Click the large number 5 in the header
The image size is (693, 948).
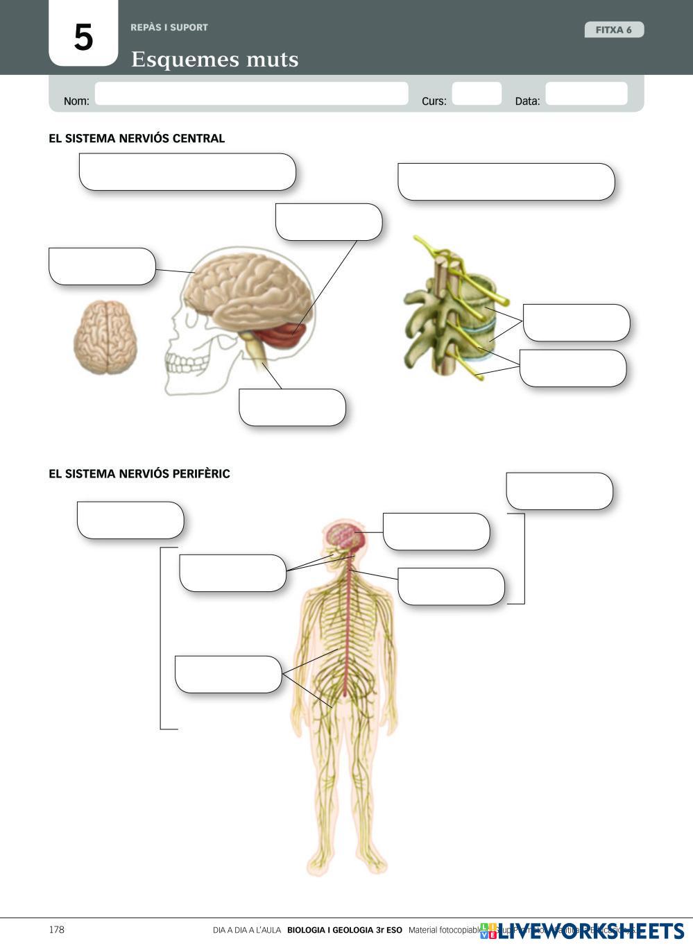click(x=83, y=37)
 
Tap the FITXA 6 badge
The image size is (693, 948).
click(x=614, y=30)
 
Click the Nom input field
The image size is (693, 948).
click(x=251, y=94)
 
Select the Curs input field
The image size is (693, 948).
click(x=477, y=94)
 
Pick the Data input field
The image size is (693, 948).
click(x=586, y=94)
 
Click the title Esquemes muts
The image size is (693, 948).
click(x=214, y=60)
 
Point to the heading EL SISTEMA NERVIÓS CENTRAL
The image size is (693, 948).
click(x=137, y=138)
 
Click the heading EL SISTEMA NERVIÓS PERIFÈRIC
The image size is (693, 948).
click(x=139, y=474)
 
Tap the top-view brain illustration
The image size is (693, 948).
click(x=105, y=337)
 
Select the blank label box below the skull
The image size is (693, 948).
click(x=292, y=407)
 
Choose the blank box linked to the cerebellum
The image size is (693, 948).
click(x=329, y=222)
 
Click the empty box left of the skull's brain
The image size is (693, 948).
click(x=102, y=266)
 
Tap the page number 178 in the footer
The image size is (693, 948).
click(x=57, y=930)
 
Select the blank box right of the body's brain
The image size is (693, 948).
click(x=436, y=532)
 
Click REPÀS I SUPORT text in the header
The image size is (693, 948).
click(x=169, y=28)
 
